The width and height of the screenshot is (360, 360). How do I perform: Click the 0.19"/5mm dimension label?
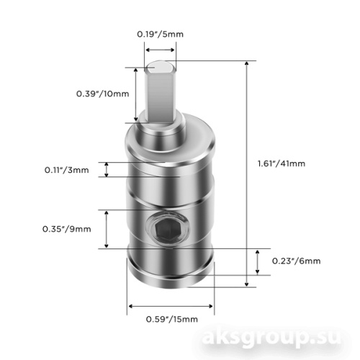tap(160, 34)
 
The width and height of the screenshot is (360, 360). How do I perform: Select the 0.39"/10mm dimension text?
tap(103, 94)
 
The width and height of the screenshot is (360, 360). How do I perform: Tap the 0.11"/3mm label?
tap(67, 170)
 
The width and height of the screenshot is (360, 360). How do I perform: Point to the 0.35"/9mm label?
tap(67, 229)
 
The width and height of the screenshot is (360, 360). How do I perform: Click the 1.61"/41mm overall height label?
tap(282, 163)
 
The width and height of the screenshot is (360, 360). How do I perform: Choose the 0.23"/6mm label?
tap(297, 261)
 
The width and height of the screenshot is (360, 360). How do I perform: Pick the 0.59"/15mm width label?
tap(172, 319)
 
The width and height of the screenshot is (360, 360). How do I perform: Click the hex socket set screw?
tap(167, 229)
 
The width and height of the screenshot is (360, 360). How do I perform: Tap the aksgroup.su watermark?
tap(271, 338)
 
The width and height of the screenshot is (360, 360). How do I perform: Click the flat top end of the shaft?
tap(161, 67)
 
